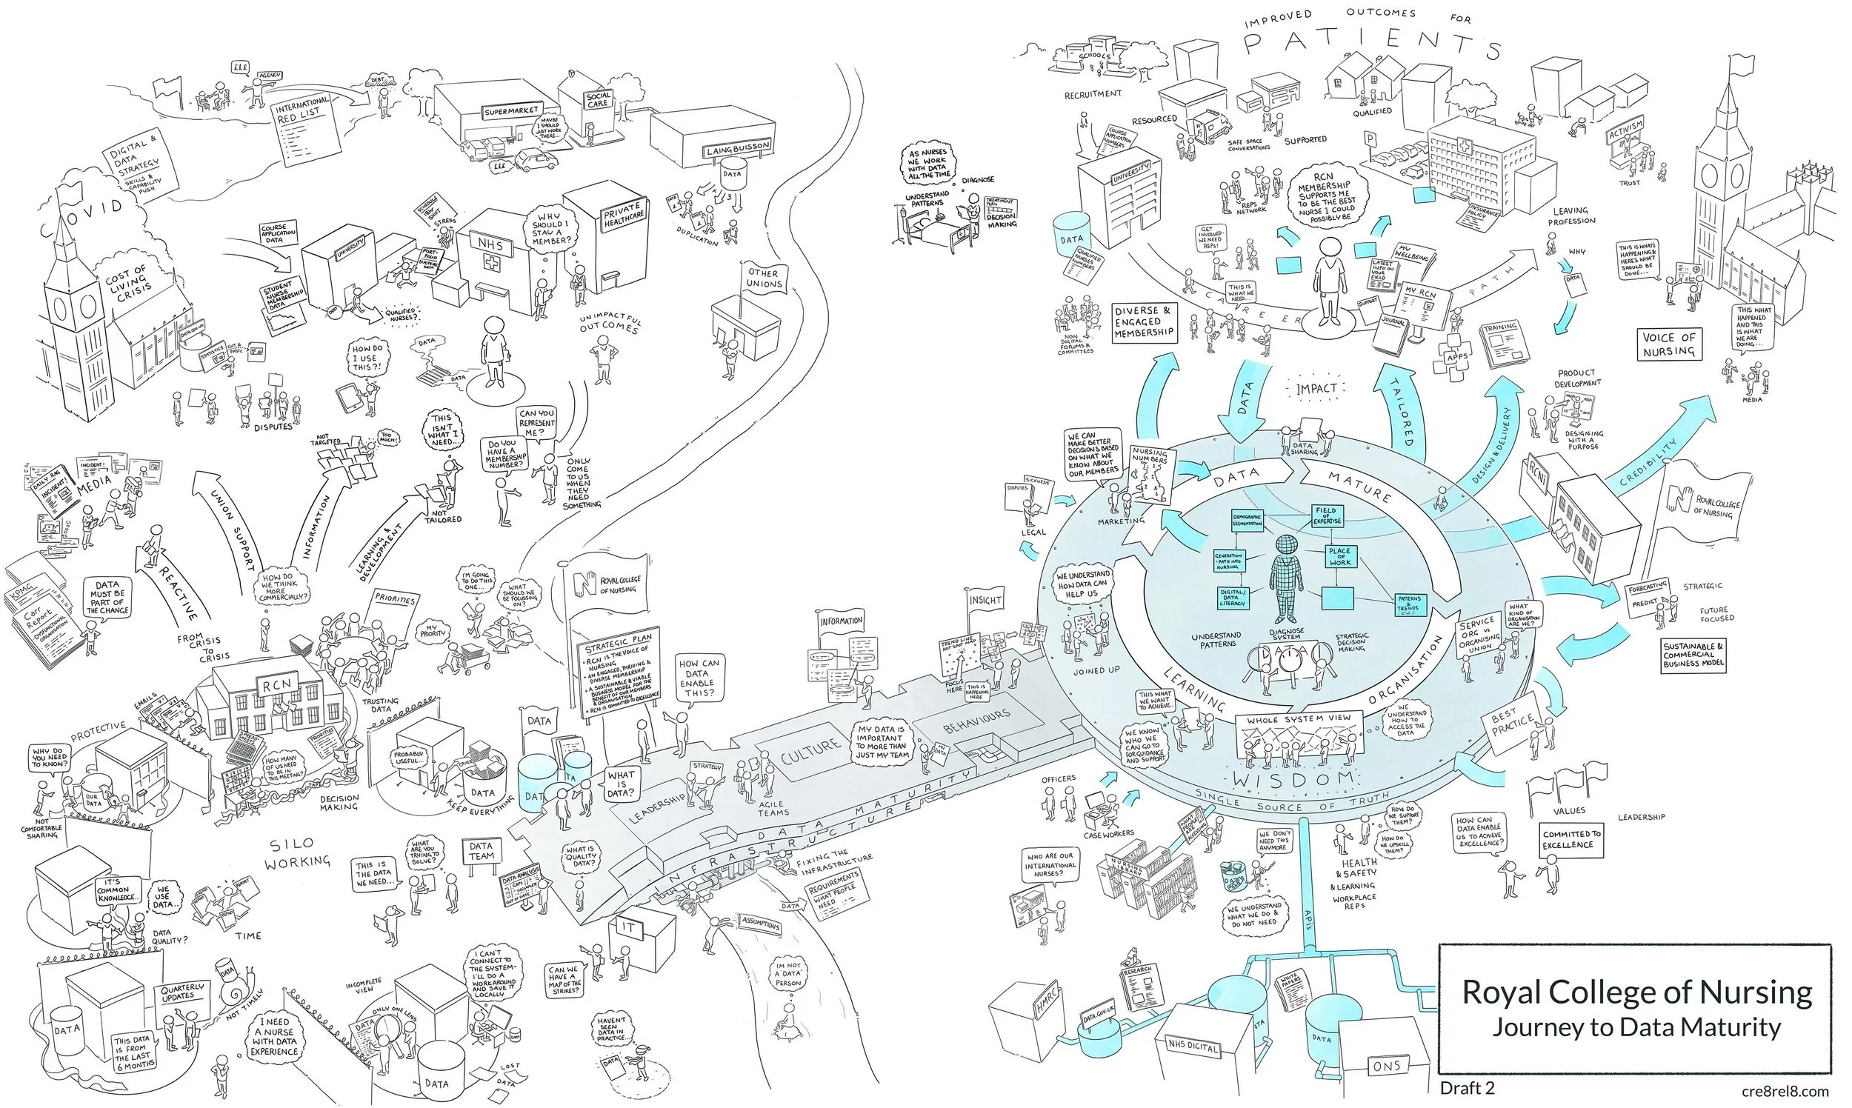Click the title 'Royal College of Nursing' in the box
coord(1636,992)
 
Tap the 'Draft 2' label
coord(1467,1088)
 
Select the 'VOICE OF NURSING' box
coord(1669,344)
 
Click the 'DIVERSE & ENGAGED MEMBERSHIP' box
coord(1144,321)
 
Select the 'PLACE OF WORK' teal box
coord(1339,556)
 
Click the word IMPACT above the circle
coord(1316,388)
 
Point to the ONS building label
coord(1386,1066)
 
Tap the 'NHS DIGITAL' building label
coord(1193,1047)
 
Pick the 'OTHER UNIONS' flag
coord(764,278)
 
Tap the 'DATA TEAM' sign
coord(482,851)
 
